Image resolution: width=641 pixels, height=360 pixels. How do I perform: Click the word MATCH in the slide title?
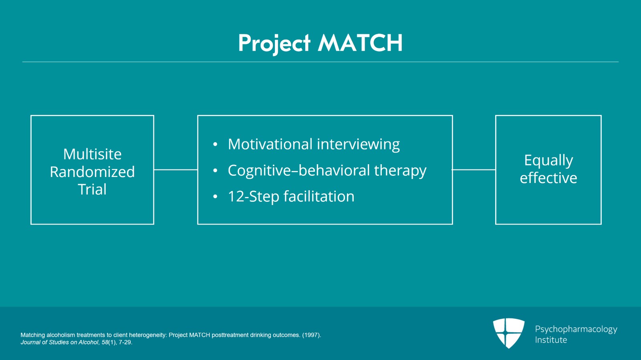pos(360,43)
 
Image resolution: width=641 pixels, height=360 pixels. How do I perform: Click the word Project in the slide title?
pos(274,43)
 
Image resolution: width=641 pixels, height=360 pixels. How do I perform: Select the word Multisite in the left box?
pos(92,154)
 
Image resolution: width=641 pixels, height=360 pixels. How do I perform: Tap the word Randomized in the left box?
pos(92,172)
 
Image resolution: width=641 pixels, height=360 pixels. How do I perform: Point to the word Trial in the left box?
pos(92,189)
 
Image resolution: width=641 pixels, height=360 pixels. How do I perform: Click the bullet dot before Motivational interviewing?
pos(215,145)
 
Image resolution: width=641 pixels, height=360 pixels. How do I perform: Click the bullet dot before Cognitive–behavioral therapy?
pos(215,171)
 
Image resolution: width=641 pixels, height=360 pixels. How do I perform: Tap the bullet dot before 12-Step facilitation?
pos(215,197)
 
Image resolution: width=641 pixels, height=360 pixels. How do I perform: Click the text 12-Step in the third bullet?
pos(253,197)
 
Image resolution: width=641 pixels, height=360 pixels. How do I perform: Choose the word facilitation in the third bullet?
pos(319,197)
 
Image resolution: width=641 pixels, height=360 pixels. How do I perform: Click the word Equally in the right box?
pos(548,160)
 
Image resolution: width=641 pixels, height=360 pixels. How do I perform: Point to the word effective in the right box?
pos(548,178)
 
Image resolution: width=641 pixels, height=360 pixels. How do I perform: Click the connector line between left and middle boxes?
pos(175,170)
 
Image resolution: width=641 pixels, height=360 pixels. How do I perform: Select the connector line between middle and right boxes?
pos(474,170)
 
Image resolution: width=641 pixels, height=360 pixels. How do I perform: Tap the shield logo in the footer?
pos(509,333)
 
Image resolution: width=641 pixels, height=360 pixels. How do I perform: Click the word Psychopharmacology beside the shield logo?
pos(576,329)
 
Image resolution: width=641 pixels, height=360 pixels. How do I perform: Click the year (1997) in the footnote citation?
pos(311,335)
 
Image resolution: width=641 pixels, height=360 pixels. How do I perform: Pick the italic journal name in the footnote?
pos(60,342)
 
